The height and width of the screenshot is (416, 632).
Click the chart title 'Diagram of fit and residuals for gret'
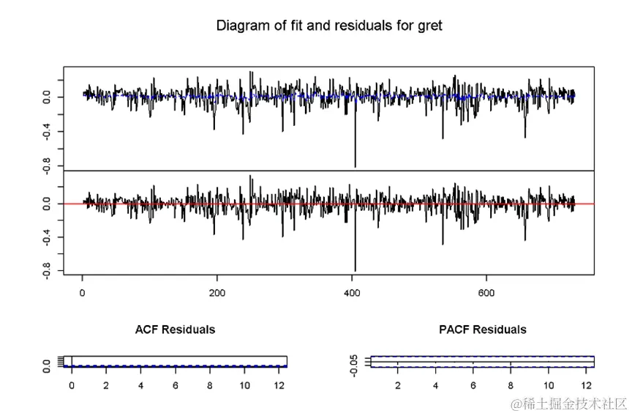point(329,26)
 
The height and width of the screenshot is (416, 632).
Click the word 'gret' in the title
point(429,26)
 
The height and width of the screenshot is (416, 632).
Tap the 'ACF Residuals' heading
point(175,330)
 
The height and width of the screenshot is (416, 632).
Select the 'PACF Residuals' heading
point(482,330)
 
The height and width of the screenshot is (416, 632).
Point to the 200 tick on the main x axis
point(217,294)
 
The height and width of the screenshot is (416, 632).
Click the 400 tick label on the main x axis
point(351,294)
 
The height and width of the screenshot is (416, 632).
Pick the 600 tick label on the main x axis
point(486,294)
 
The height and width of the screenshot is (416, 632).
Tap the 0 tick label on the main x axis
point(82,294)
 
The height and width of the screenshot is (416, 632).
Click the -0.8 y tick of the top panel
point(48,166)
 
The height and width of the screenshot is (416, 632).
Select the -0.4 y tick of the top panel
point(48,132)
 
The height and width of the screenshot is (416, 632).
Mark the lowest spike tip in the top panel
point(355,166)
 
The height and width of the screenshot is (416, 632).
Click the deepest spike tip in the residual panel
point(355,270)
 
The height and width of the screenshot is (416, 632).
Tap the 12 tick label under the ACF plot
point(279,385)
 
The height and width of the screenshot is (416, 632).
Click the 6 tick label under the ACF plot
point(175,385)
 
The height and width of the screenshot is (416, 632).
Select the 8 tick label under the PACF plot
point(511,385)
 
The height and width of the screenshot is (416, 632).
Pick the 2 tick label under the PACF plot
point(398,385)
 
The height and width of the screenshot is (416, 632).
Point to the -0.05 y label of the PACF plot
point(354,365)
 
